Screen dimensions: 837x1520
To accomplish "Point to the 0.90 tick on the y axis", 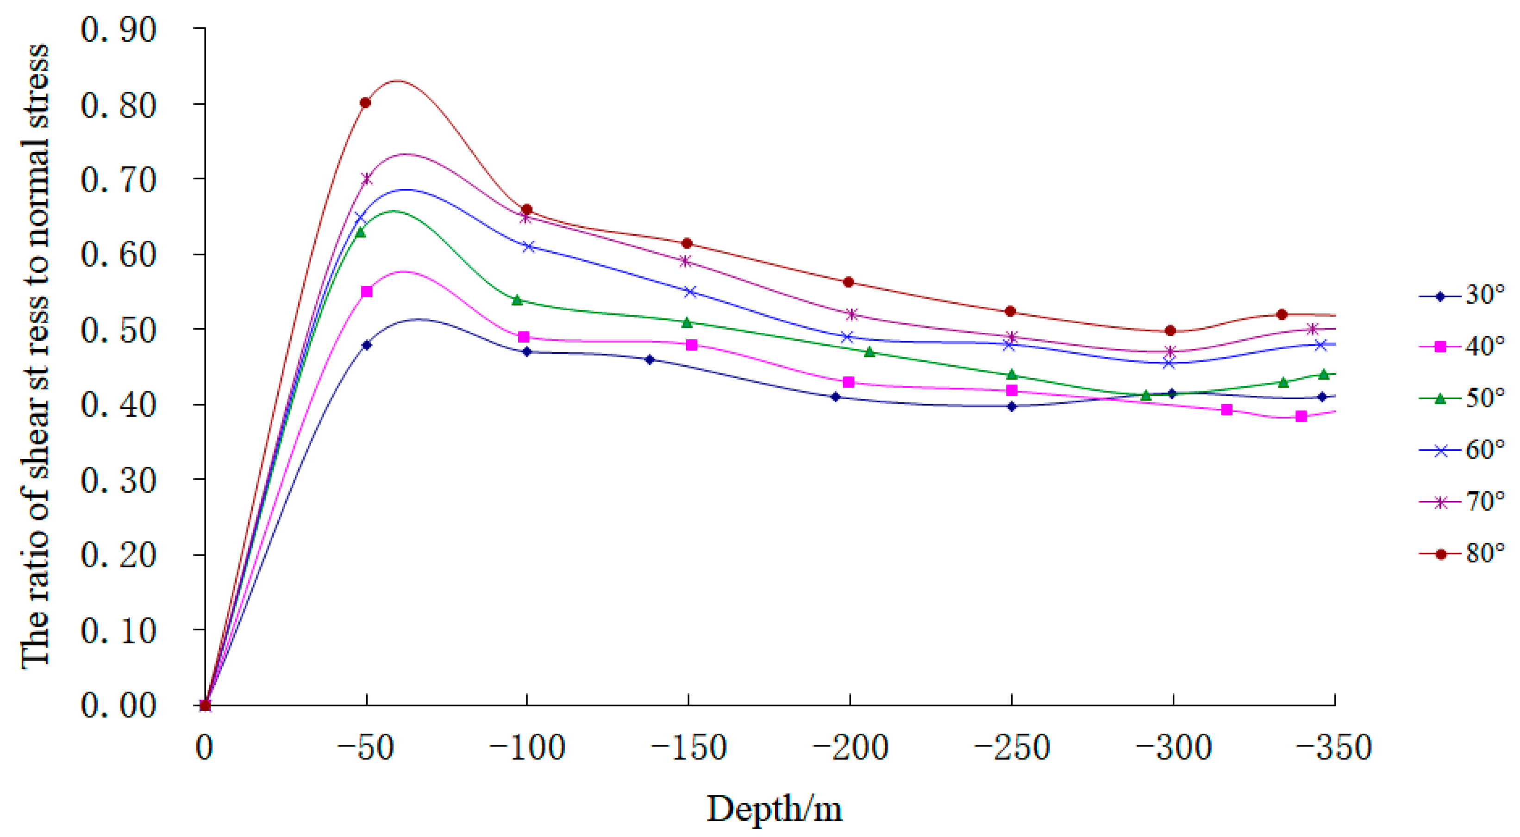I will click(x=119, y=30).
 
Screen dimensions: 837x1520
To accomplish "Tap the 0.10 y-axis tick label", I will click(x=119, y=631).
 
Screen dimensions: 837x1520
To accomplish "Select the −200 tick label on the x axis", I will click(x=850, y=747).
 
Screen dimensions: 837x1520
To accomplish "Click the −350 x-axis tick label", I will click(x=1334, y=747).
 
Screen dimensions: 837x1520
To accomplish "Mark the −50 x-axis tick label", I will click(x=365, y=747).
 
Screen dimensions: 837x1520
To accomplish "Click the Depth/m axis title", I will click(x=775, y=809).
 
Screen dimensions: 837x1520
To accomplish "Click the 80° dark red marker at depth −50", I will click(x=365, y=103).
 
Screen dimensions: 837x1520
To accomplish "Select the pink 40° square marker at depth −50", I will click(x=366, y=292).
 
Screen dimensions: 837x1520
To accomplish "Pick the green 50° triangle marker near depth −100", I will click(x=518, y=300).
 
